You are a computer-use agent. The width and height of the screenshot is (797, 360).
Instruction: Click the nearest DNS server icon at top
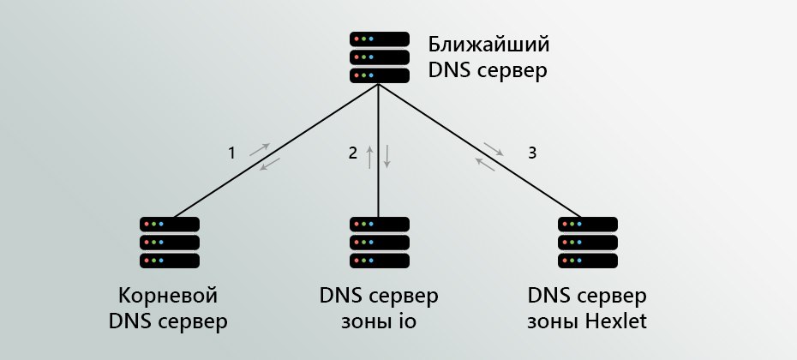coord(379,57)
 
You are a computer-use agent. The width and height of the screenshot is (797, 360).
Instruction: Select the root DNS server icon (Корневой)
coord(170,243)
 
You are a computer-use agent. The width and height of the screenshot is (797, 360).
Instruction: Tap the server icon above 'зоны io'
coord(379,243)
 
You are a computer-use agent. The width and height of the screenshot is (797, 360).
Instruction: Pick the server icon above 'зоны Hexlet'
coord(588,243)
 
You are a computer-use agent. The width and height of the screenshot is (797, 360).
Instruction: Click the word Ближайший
coord(488,45)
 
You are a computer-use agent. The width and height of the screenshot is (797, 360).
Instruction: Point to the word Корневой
coord(168,295)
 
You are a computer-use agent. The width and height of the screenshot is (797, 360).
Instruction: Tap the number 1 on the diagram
coord(231,153)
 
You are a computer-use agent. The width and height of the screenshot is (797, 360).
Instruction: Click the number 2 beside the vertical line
coord(353,153)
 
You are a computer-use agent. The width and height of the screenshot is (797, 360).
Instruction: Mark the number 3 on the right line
coord(532,153)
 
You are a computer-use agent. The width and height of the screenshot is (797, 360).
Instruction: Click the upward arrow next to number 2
coord(370,157)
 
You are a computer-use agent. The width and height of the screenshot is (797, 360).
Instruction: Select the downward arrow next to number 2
coord(387,157)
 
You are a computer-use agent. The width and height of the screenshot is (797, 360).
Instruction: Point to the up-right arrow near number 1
coord(260,149)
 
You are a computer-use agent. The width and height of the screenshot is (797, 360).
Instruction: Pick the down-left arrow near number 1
coord(270,165)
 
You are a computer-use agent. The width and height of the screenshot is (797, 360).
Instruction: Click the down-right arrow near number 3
coord(494,149)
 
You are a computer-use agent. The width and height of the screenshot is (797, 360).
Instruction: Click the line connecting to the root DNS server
coord(276,151)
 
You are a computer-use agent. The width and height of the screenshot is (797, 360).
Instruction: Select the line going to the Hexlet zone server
coord(479,151)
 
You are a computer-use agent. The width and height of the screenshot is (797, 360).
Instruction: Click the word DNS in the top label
coord(450,70)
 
